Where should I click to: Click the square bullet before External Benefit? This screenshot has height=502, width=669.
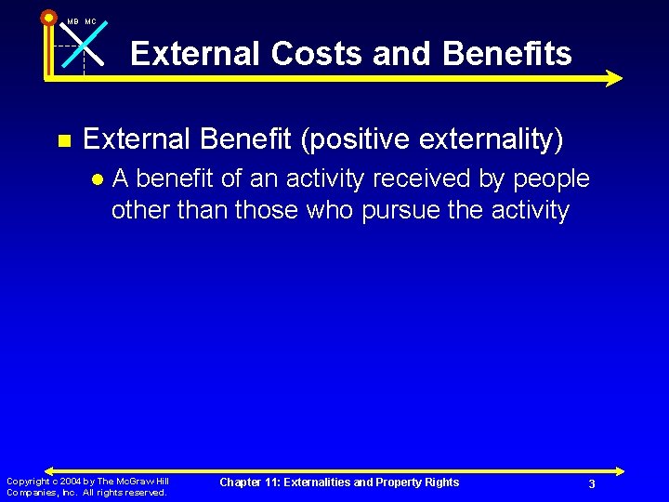click(64, 141)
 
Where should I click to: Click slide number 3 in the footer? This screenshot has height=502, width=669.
click(591, 484)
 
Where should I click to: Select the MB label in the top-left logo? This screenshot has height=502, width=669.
click(72, 21)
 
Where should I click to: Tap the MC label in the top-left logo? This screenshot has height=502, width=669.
click(90, 21)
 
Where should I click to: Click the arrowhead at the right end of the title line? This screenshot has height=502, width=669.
click(613, 79)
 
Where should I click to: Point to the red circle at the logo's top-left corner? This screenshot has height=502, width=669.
click(48, 17)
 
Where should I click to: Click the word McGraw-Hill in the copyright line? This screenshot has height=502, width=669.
click(146, 481)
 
